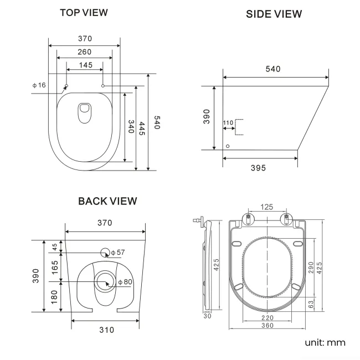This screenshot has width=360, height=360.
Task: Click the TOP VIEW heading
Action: click(x=84, y=12)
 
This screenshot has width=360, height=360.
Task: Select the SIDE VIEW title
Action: click(x=274, y=14)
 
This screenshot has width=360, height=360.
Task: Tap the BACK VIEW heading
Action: click(x=107, y=201)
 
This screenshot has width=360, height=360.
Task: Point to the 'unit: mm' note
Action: click(x=325, y=342)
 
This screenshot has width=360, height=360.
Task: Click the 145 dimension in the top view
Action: click(x=85, y=65)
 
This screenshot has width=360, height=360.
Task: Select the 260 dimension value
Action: click(x=84, y=52)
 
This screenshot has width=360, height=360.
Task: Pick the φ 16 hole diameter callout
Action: click(x=39, y=85)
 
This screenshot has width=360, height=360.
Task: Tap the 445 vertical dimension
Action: click(x=142, y=128)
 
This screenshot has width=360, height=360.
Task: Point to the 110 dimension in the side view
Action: click(x=228, y=122)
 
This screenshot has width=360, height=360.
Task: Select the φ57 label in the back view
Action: click(x=117, y=253)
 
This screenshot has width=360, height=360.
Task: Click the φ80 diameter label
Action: click(x=125, y=282)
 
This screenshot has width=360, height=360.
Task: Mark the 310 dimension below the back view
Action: click(x=106, y=330)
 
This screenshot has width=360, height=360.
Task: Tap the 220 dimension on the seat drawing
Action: click(x=267, y=318)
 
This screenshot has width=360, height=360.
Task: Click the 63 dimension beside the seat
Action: click(x=311, y=304)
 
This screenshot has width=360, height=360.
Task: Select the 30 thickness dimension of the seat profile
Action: click(x=207, y=316)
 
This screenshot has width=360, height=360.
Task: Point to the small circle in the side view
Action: click(x=228, y=146)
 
